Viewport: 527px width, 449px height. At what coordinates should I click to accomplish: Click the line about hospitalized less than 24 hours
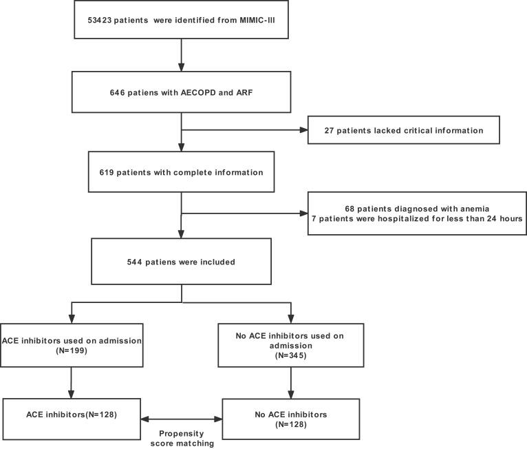pyautogui.click(x=417, y=219)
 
